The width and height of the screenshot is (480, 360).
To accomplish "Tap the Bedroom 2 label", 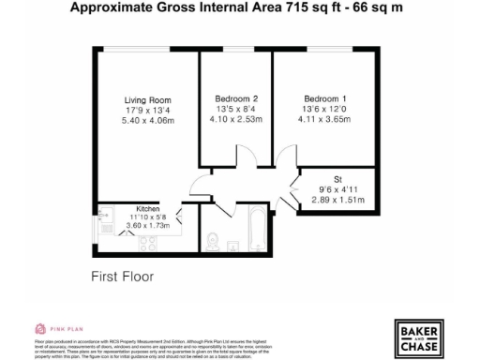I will click(x=236, y=98).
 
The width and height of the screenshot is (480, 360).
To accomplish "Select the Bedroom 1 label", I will click(x=324, y=98).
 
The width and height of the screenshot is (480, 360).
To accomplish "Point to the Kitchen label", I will click(x=148, y=208).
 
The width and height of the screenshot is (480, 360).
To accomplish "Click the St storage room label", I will click(x=337, y=179).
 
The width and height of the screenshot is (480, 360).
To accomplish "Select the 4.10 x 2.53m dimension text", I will click(x=236, y=119).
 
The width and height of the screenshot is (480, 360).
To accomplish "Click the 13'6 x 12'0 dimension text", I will click(x=324, y=109).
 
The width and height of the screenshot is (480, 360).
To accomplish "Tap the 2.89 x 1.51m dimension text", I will click(x=337, y=200).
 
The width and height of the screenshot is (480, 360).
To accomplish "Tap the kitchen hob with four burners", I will click(x=148, y=243).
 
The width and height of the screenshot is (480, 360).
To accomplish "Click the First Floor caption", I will click(x=123, y=277).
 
